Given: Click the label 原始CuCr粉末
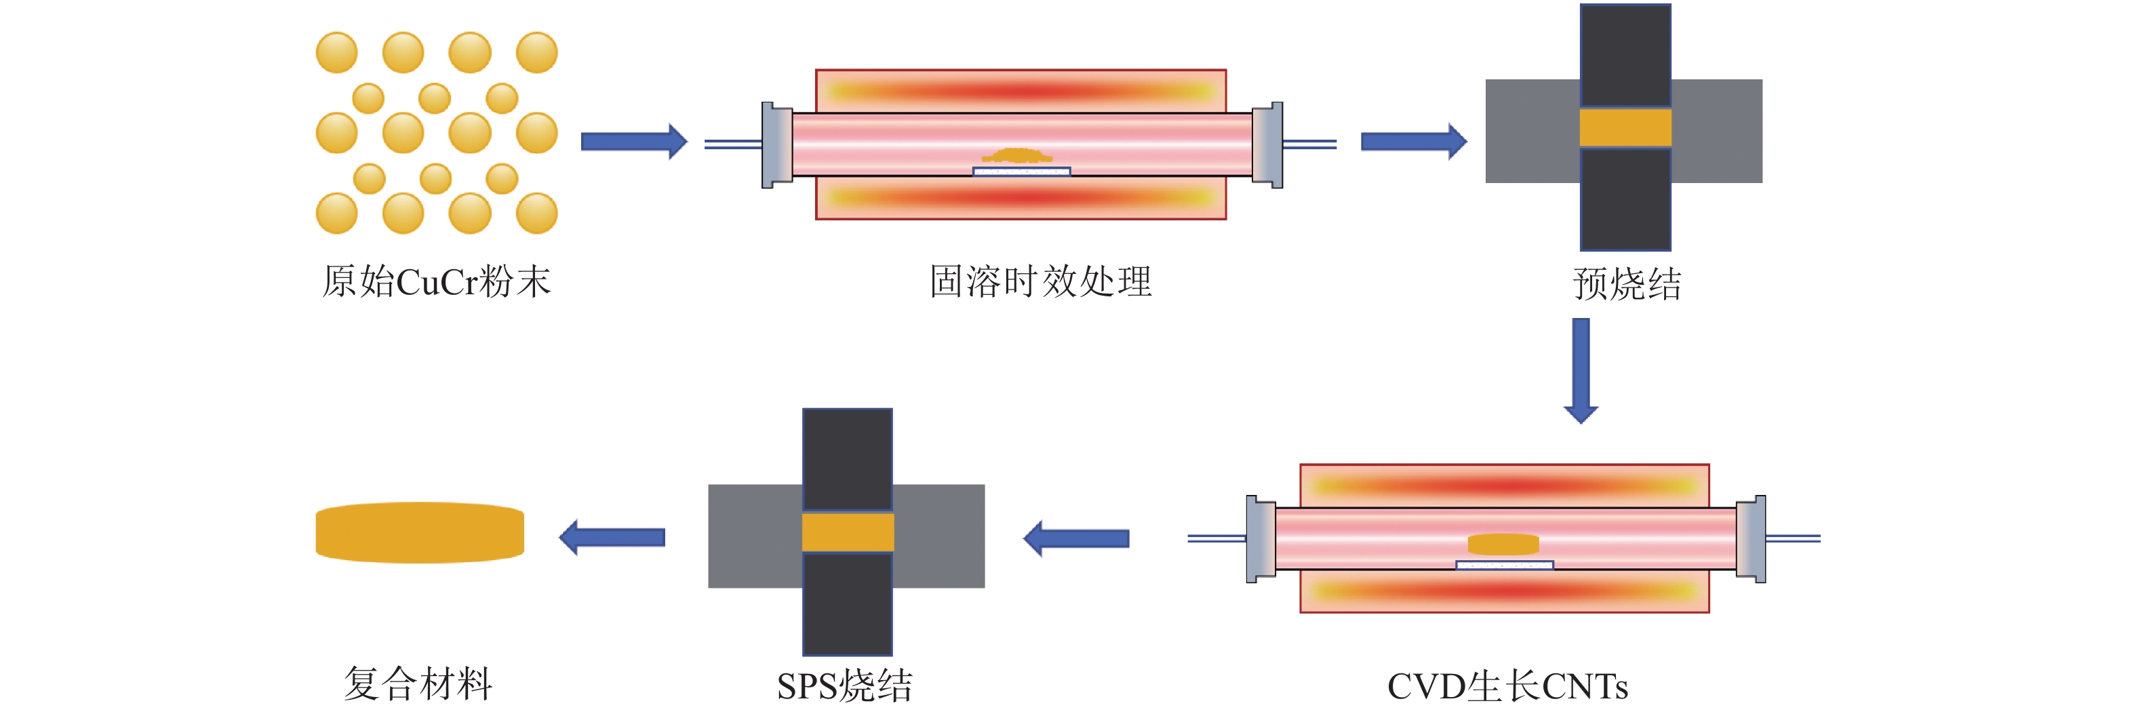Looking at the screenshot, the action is [x=436, y=282].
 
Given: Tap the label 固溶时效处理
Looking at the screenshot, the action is [x=1041, y=282].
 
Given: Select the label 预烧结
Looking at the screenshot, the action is [x=1627, y=284].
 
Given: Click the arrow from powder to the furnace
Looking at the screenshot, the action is [x=634, y=142].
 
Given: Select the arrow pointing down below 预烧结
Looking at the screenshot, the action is [x=1581, y=372].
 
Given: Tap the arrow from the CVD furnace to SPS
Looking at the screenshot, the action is [x=1076, y=539].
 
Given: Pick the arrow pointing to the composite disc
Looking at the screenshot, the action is [x=612, y=538].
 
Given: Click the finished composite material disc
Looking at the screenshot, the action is [x=420, y=532].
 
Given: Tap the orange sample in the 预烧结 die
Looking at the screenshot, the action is [x=1625, y=127].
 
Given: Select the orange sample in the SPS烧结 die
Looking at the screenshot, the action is [x=848, y=532].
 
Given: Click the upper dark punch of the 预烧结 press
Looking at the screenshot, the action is [x=1625, y=56].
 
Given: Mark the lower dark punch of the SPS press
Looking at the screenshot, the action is [x=848, y=603].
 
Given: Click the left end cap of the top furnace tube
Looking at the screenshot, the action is [x=777, y=145].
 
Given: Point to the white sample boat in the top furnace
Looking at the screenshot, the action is [x=1022, y=172].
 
